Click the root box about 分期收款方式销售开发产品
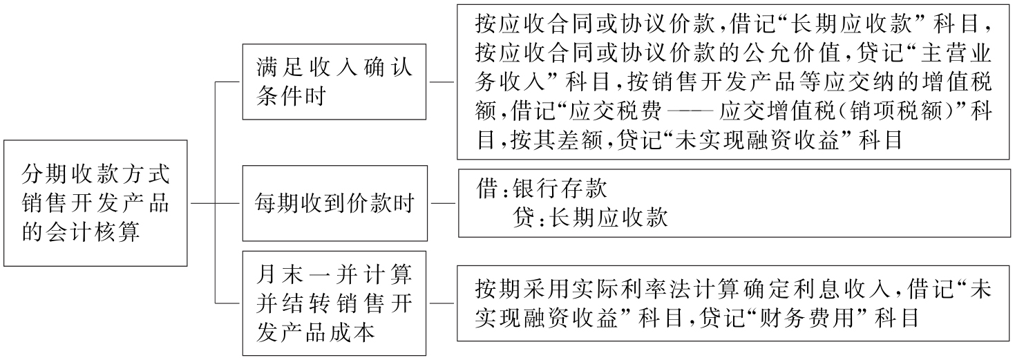pyautogui.click(x=95, y=203)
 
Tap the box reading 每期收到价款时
pyautogui.click(x=334, y=205)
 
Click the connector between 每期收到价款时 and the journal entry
pyautogui.click(x=442, y=204)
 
